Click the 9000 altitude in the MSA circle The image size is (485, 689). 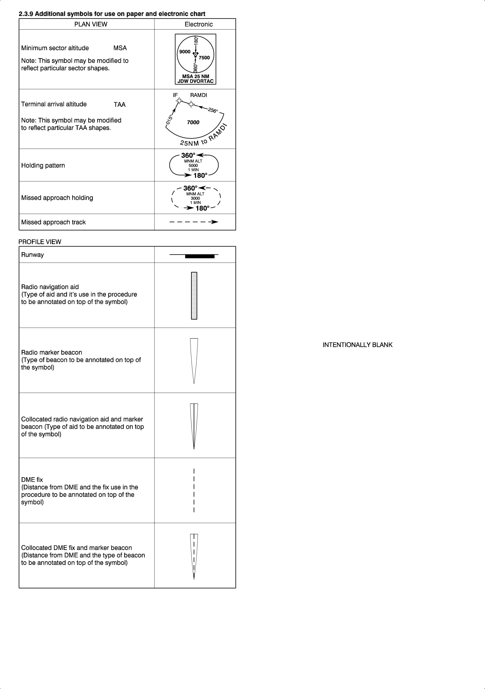pyautogui.click(x=185, y=52)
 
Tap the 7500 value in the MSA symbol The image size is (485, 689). pyautogui.click(x=204, y=58)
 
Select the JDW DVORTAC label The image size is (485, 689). pyautogui.click(x=195, y=81)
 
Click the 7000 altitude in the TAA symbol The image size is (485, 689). pyautogui.click(x=193, y=122)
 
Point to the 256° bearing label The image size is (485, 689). pyautogui.click(x=213, y=110)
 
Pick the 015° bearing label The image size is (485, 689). pyautogui.click(x=170, y=120)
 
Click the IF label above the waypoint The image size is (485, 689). pyautogui.click(x=175, y=95)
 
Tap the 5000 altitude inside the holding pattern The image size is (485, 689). pyautogui.click(x=193, y=165)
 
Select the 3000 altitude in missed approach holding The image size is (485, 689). pyautogui.click(x=195, y=198)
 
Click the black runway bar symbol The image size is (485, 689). pyautogui.click(x=200, y=256)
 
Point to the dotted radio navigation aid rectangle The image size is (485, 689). pyautogui.click(x=194, y=296)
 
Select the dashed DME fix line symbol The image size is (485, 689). pyautogui.click(x=194, y=490)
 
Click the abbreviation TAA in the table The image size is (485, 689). pyautogui.click(x=120, y=105)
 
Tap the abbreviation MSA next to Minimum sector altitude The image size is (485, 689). pyautogui.click(x=120, y=48)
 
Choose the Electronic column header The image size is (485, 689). pyautogui.click(x=199, y=24)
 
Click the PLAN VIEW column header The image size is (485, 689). pyautogui.click(x=91, y=24)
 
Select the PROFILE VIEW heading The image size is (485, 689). pyautogui.click(x=40, y=242)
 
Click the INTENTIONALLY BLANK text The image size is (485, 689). pyautogui.click(x=357, y=345)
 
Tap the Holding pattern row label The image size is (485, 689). pyautogui.click(x=43, y=165)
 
